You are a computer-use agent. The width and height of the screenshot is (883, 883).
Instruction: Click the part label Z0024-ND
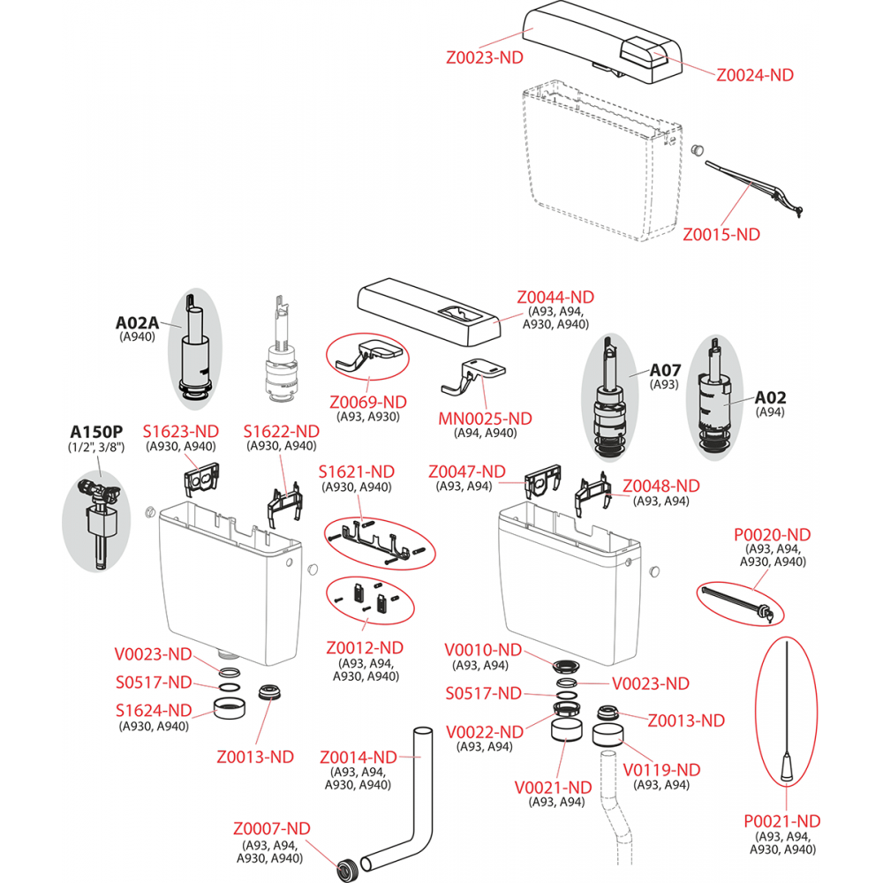click(x=754, y=75)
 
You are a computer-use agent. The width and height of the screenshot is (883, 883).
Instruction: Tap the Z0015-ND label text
click(x=721, y=234)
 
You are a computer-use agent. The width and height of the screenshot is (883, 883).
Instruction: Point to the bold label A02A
click(x=136, y=322)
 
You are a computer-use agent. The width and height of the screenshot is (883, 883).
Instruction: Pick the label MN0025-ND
click(x=485, y=418)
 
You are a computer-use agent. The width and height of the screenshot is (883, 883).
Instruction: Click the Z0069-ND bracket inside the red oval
click(x=367, y=357)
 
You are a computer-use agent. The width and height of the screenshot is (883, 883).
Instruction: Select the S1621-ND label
click(x=357, y=472)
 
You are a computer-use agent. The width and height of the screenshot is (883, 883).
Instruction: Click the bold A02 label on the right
click(x=770, y=397)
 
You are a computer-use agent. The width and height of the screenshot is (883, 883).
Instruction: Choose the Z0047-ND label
click(x=466, y=472)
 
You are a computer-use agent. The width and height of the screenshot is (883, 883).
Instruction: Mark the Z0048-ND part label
click(x=661, y=486)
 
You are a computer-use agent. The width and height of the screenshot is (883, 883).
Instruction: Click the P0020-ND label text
click(x=772, y=534)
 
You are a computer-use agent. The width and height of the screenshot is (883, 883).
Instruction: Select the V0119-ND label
click(x=661, y=770)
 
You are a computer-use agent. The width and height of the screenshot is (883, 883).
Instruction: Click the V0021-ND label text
click(x=553, y=787)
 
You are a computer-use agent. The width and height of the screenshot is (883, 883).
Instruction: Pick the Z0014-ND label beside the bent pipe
click(x=358, y=757)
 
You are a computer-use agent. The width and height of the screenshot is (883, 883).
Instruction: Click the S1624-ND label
click(x=154, y=710)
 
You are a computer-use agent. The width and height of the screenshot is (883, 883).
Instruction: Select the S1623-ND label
click(x=180, y=431)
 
